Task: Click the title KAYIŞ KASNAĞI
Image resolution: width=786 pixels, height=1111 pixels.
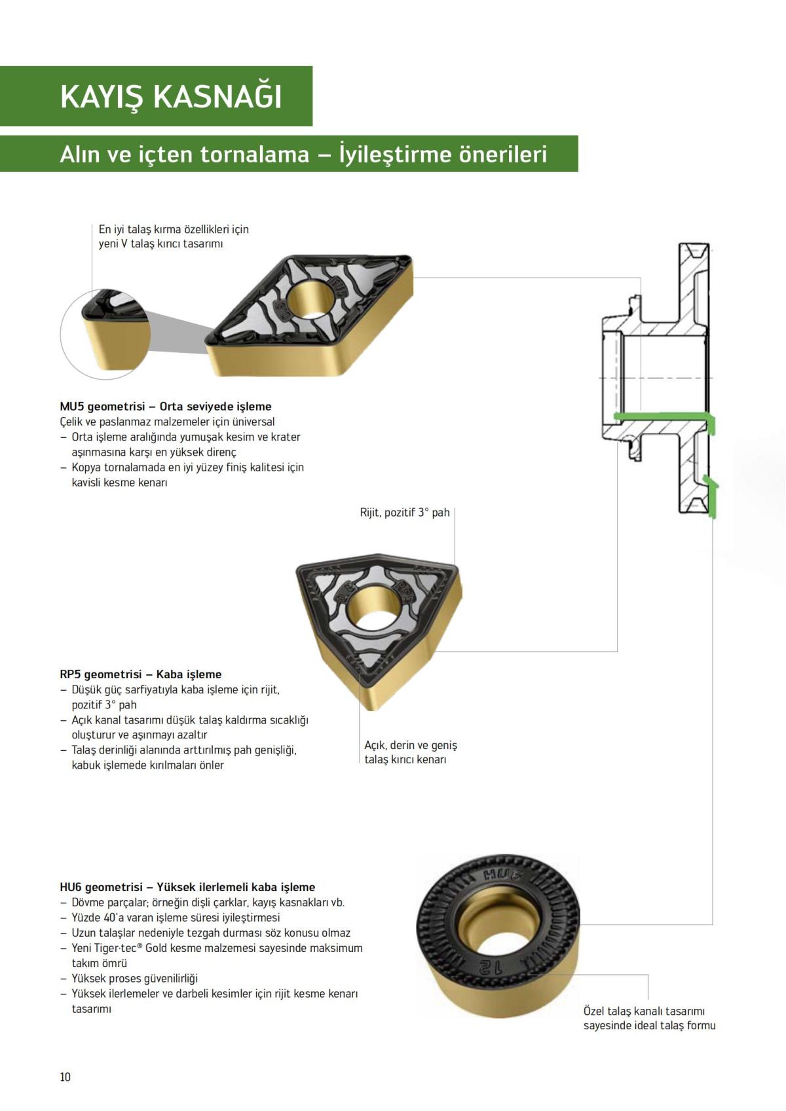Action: (171, 96)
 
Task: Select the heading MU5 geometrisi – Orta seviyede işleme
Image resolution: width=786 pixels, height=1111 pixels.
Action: (165, 407)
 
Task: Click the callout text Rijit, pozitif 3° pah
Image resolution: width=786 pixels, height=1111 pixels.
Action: (405, 513)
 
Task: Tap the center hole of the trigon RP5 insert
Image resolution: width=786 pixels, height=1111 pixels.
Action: (370, 608)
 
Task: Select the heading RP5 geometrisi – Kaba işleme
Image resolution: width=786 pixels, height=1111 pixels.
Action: (141, 674)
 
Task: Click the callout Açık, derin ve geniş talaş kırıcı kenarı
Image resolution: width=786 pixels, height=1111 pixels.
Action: (411, 752)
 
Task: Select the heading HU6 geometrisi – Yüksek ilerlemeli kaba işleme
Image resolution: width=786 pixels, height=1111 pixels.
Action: (187, 887)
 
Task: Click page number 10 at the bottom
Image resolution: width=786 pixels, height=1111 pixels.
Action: (65, 1077)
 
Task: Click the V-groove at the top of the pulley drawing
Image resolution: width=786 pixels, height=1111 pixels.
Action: (693, 252)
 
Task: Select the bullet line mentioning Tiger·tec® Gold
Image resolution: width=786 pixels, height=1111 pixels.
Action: (216, 949)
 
